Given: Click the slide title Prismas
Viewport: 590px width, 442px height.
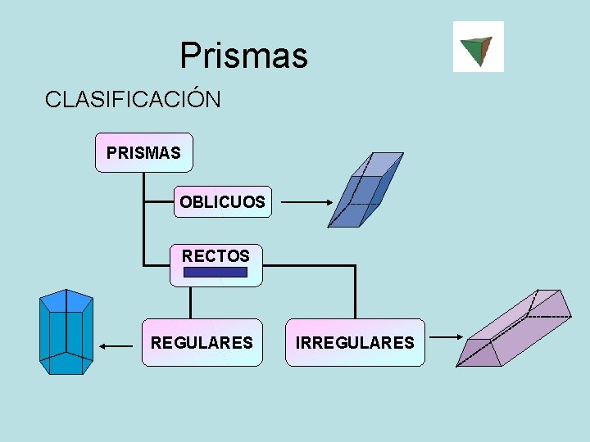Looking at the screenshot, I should [243, 56].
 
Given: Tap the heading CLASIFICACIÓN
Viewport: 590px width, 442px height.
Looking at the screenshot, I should [133, 100].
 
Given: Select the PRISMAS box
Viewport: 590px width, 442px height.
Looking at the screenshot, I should [143, 152].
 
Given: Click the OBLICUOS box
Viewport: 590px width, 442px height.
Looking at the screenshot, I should [221, 201].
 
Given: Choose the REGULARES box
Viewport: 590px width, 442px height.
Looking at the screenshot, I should [202, 342].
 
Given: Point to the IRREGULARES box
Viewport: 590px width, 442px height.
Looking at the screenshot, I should [355, 342].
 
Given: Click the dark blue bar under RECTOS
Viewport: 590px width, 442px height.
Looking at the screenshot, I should [216, 273].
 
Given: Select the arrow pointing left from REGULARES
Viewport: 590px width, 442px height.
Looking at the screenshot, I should [116, 347].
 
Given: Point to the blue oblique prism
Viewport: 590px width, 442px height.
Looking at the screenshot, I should [365, 190].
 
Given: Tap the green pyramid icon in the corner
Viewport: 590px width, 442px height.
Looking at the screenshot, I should [478, 47].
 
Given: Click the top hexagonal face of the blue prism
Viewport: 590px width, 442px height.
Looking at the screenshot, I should [66, 300].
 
